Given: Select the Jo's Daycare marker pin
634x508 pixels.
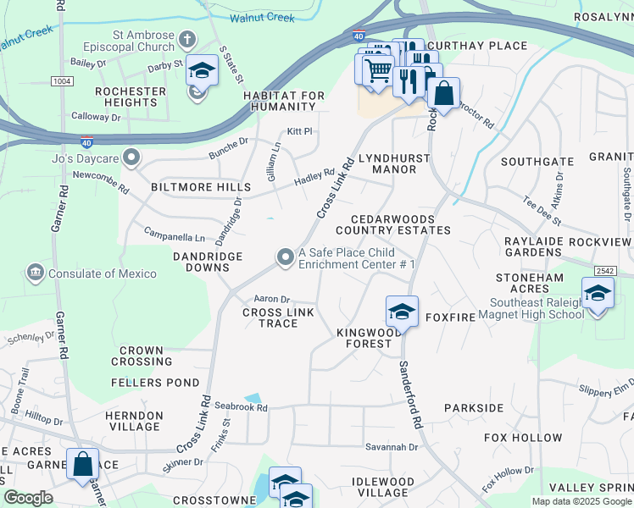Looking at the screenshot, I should tap(131, 157).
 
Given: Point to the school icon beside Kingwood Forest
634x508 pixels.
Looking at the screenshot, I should tap(402, 311).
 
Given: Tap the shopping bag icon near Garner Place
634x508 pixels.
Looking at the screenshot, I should tap(82, 464).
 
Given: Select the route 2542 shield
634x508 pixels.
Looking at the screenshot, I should tap(604, 270).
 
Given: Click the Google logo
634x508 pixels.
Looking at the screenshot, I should tap(28, 498).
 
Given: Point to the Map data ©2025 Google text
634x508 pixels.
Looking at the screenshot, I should tap(581, 501).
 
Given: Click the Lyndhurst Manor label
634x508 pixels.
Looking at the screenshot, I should tap(394, 163).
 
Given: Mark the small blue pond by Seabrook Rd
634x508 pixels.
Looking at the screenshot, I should tap(253, 397).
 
